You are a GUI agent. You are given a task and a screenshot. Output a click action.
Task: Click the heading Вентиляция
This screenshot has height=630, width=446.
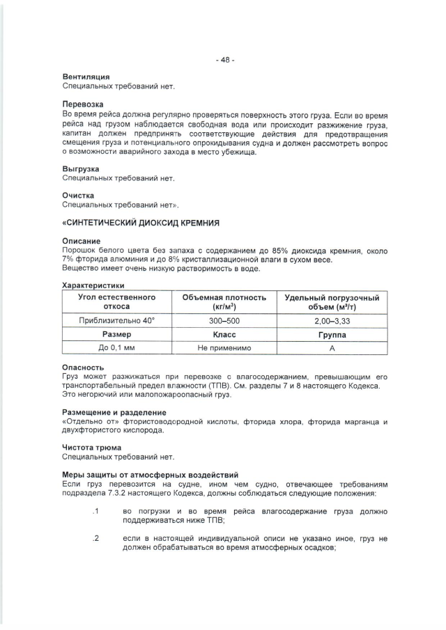click(86, 77)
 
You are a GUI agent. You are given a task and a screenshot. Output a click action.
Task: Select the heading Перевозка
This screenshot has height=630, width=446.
click(84, 104)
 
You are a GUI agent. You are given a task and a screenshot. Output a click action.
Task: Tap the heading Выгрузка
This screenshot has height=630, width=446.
click(81, 169)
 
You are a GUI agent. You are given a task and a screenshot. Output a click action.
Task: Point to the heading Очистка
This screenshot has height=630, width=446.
click(78, 196)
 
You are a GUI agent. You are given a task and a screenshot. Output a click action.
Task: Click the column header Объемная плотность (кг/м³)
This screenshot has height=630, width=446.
click(224, 301)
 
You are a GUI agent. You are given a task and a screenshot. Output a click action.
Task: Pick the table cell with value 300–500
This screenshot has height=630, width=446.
click(224, 320)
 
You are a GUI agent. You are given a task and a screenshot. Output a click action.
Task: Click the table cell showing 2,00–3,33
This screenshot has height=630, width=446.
click(332, 320)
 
